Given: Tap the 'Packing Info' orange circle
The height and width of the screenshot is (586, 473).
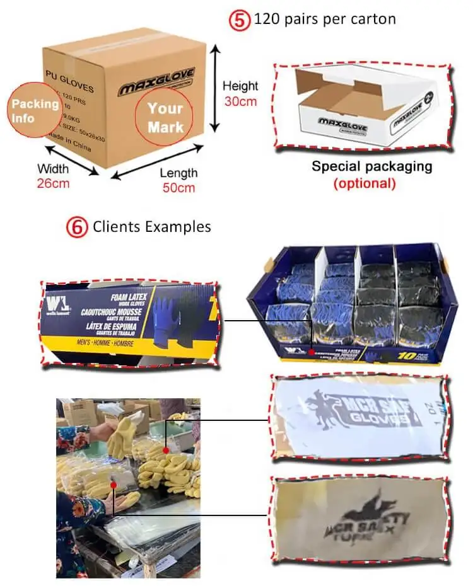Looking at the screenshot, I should [x=35, y=110].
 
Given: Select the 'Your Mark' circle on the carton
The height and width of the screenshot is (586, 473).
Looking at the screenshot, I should [x=166, y=117].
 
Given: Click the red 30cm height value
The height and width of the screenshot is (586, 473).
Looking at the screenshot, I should [x=240, y=101].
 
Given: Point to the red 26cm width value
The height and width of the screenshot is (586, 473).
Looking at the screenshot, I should [x=53, y=183].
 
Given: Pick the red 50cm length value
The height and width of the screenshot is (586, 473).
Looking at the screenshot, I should [x=178, y=187].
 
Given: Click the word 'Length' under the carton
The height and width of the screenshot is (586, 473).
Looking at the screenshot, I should [x=178, y=173].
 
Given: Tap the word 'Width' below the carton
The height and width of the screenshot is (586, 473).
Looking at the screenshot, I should [x=53, y=169].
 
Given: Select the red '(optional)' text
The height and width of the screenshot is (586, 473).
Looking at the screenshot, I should [x=365, y=183].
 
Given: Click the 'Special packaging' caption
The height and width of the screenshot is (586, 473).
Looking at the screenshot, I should [x=372, y=167].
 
